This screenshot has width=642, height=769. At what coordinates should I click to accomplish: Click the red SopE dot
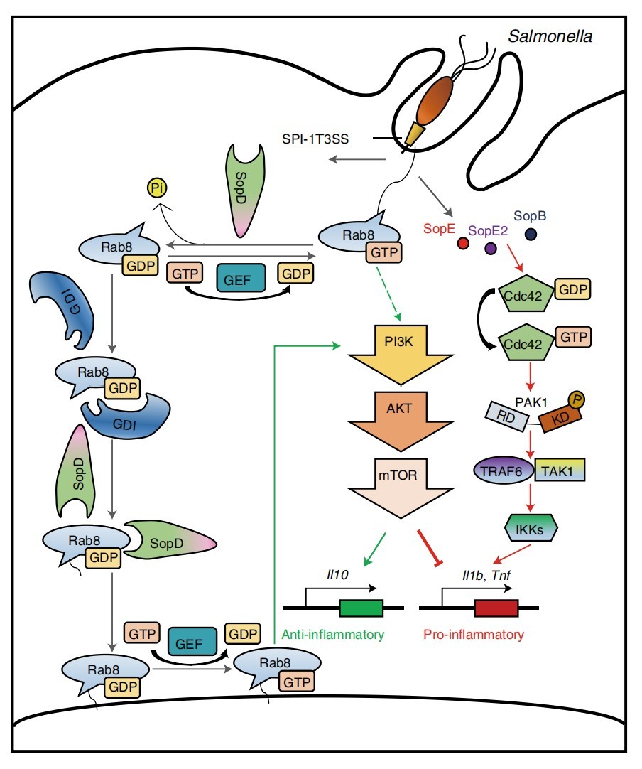(463, 244)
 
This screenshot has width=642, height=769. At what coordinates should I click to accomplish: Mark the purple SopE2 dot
(490, 248)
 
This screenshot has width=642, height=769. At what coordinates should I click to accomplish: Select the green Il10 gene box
(361, 608)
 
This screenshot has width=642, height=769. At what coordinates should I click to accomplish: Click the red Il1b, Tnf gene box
(496, 608)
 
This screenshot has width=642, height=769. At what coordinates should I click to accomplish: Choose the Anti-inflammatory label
(333, 634)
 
